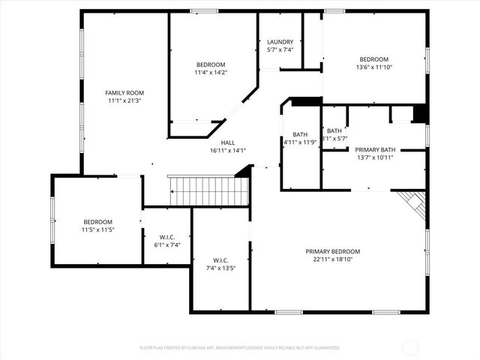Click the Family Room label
click(x=124, y=92)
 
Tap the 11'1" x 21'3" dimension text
click(x=124, y=100)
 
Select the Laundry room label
click(x=280, y=42)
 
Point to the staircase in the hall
click(x=208, y=191)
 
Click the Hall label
click(x=228, y=142)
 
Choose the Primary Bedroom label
click(x=332, y=251)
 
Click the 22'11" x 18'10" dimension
click(x=332, y=259)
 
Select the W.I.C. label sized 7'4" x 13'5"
click(x=220, y=260)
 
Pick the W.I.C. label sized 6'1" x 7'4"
click(x=166, y=237)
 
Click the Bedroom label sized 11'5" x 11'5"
click(x=97, y=222)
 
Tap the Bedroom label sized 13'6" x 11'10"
click(x=373, y=59)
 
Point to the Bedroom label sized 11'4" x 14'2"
click(x=211, y=64)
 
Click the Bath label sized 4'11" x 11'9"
click(x=301, y=134)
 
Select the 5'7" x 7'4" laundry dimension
click(x=280, y=50)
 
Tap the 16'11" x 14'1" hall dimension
click(x=228, y=151)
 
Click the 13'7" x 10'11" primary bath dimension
click(x=375, y=157)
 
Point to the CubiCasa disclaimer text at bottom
click(x=240, y=348)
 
